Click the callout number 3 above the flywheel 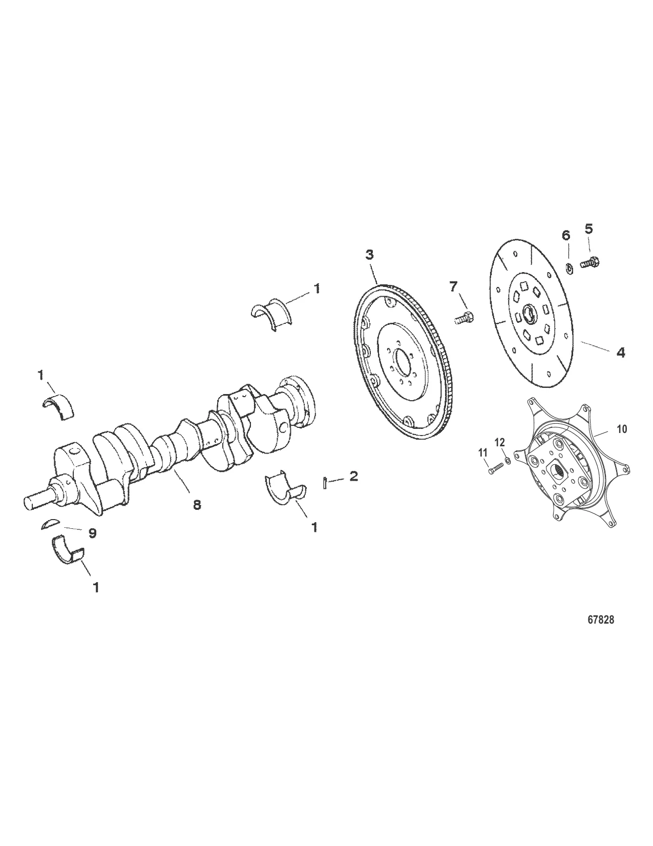(x=369, y=255)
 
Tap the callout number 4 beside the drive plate (x=621, y=353)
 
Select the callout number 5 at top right (x=588, y=229)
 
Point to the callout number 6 (x=566, y=235)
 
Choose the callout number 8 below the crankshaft (x=197, y=505)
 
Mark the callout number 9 (x=92, y=533)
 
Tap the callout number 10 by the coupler (x=621, y=429)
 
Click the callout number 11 (x=482, y=452)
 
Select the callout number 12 (x=500, y=442)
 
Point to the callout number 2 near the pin (x=353, y=476)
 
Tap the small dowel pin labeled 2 (x=326, y=483)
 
